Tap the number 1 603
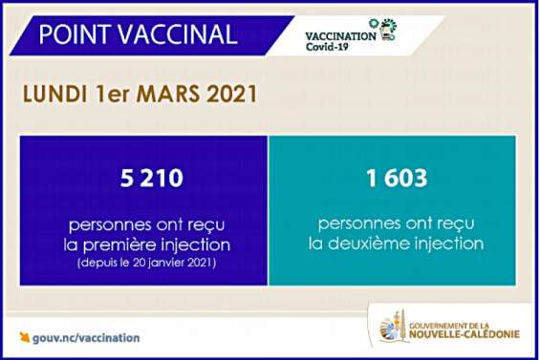pos(393,178)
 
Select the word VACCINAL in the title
pos(182,34)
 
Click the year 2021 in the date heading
pos(227,95)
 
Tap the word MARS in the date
pos(164,95)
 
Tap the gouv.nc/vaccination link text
pos(86,337)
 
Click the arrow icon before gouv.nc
pos(25,337)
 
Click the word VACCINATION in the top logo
pos(339,33)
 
